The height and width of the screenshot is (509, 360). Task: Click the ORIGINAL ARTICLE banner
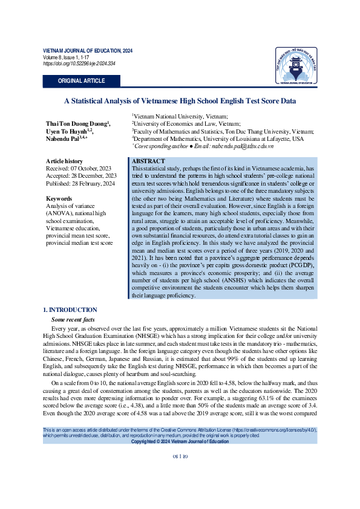click(81, 81)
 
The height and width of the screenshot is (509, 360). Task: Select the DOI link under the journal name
click(79, 63)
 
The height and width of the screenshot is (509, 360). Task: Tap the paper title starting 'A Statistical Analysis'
click(180, 101)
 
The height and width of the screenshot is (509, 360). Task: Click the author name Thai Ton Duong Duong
click(77, 124)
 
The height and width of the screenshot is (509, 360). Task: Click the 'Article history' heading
click(65, 161)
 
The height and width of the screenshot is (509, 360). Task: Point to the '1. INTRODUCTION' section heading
click(72, 310)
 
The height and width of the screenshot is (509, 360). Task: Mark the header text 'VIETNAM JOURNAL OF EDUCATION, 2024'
click(87, 51)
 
